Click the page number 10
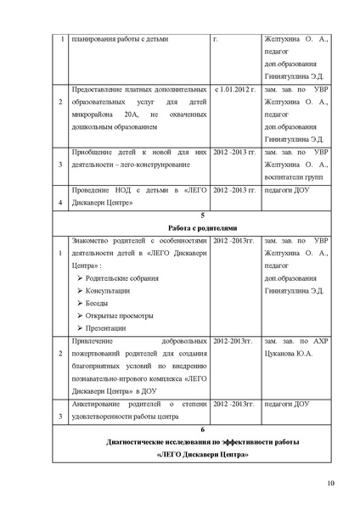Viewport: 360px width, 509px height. (330, 484)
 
